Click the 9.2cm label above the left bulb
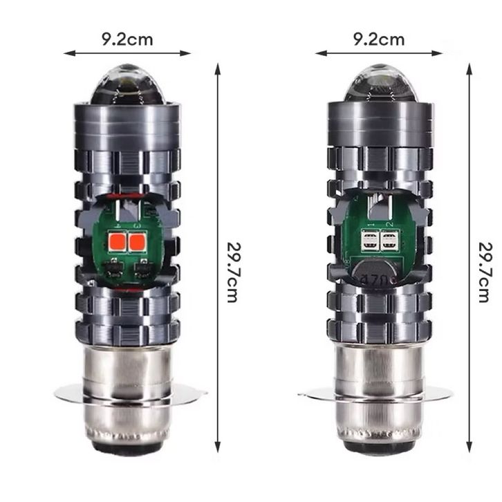(127, 39)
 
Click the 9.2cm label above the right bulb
(379, 39)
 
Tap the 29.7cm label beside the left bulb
(233, 272)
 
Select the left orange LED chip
(117, 242)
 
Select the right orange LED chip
(137, 242)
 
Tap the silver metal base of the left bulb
(127, 393)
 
